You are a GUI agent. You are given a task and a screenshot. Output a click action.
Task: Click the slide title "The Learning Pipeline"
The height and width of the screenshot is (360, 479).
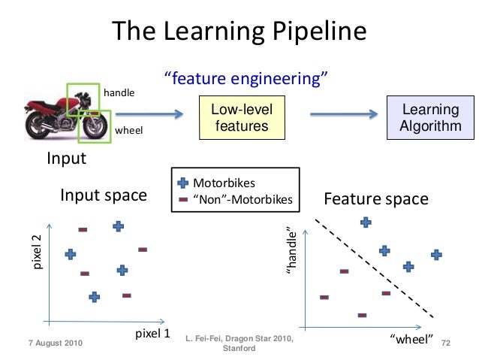click(x=239, y=31)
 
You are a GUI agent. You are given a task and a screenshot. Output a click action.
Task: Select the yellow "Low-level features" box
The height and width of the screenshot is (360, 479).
click(x=242, y=118)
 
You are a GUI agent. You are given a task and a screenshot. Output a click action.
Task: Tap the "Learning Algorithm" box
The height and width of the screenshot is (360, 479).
click(x=431, y=118)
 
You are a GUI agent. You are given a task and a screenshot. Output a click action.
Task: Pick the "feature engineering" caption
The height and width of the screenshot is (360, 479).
click(x=244, y=79)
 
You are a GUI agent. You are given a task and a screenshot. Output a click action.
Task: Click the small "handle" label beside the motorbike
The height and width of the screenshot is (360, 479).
click(x=119, y=92)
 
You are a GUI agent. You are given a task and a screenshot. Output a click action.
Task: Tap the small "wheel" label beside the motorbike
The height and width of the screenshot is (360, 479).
click(x=128, y=131)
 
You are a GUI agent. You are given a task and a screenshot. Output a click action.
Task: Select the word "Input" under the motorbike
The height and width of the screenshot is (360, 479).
click(x=67, y=159)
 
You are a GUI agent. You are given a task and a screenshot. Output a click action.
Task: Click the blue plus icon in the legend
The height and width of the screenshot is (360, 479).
click(x=183, y=183)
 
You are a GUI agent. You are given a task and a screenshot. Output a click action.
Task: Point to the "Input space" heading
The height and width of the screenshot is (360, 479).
click(x=104, y=196)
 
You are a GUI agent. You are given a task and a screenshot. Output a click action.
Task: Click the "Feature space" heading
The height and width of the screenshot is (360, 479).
click(x=375, y=199)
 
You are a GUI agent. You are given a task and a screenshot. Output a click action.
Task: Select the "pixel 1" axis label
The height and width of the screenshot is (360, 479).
click(x=152, y=332)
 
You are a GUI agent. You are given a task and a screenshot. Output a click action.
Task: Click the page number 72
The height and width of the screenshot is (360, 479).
click(x=447, y=343)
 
